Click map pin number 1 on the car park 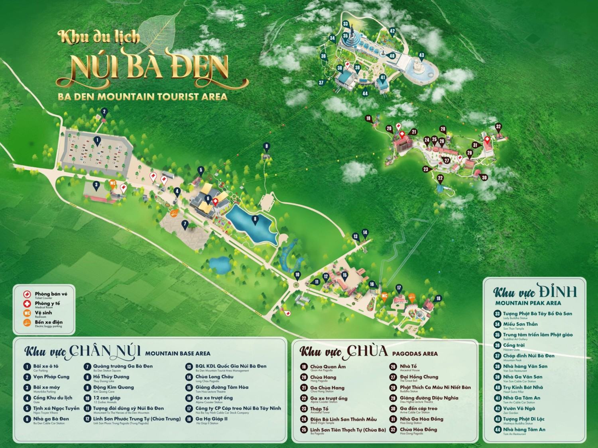tap(96, 140)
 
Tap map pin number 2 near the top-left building tap(104, 111)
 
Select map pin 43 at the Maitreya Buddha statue tap(421, 55)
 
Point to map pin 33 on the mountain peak tap(346, 24)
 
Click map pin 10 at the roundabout tap(297, 274)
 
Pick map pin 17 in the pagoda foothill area tap(398, 288)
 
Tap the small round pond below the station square tap(218, 263)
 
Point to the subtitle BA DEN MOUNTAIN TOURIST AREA tap(142, 97)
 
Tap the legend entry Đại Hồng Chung tap(419, 376)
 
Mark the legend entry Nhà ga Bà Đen tap(51, 419)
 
